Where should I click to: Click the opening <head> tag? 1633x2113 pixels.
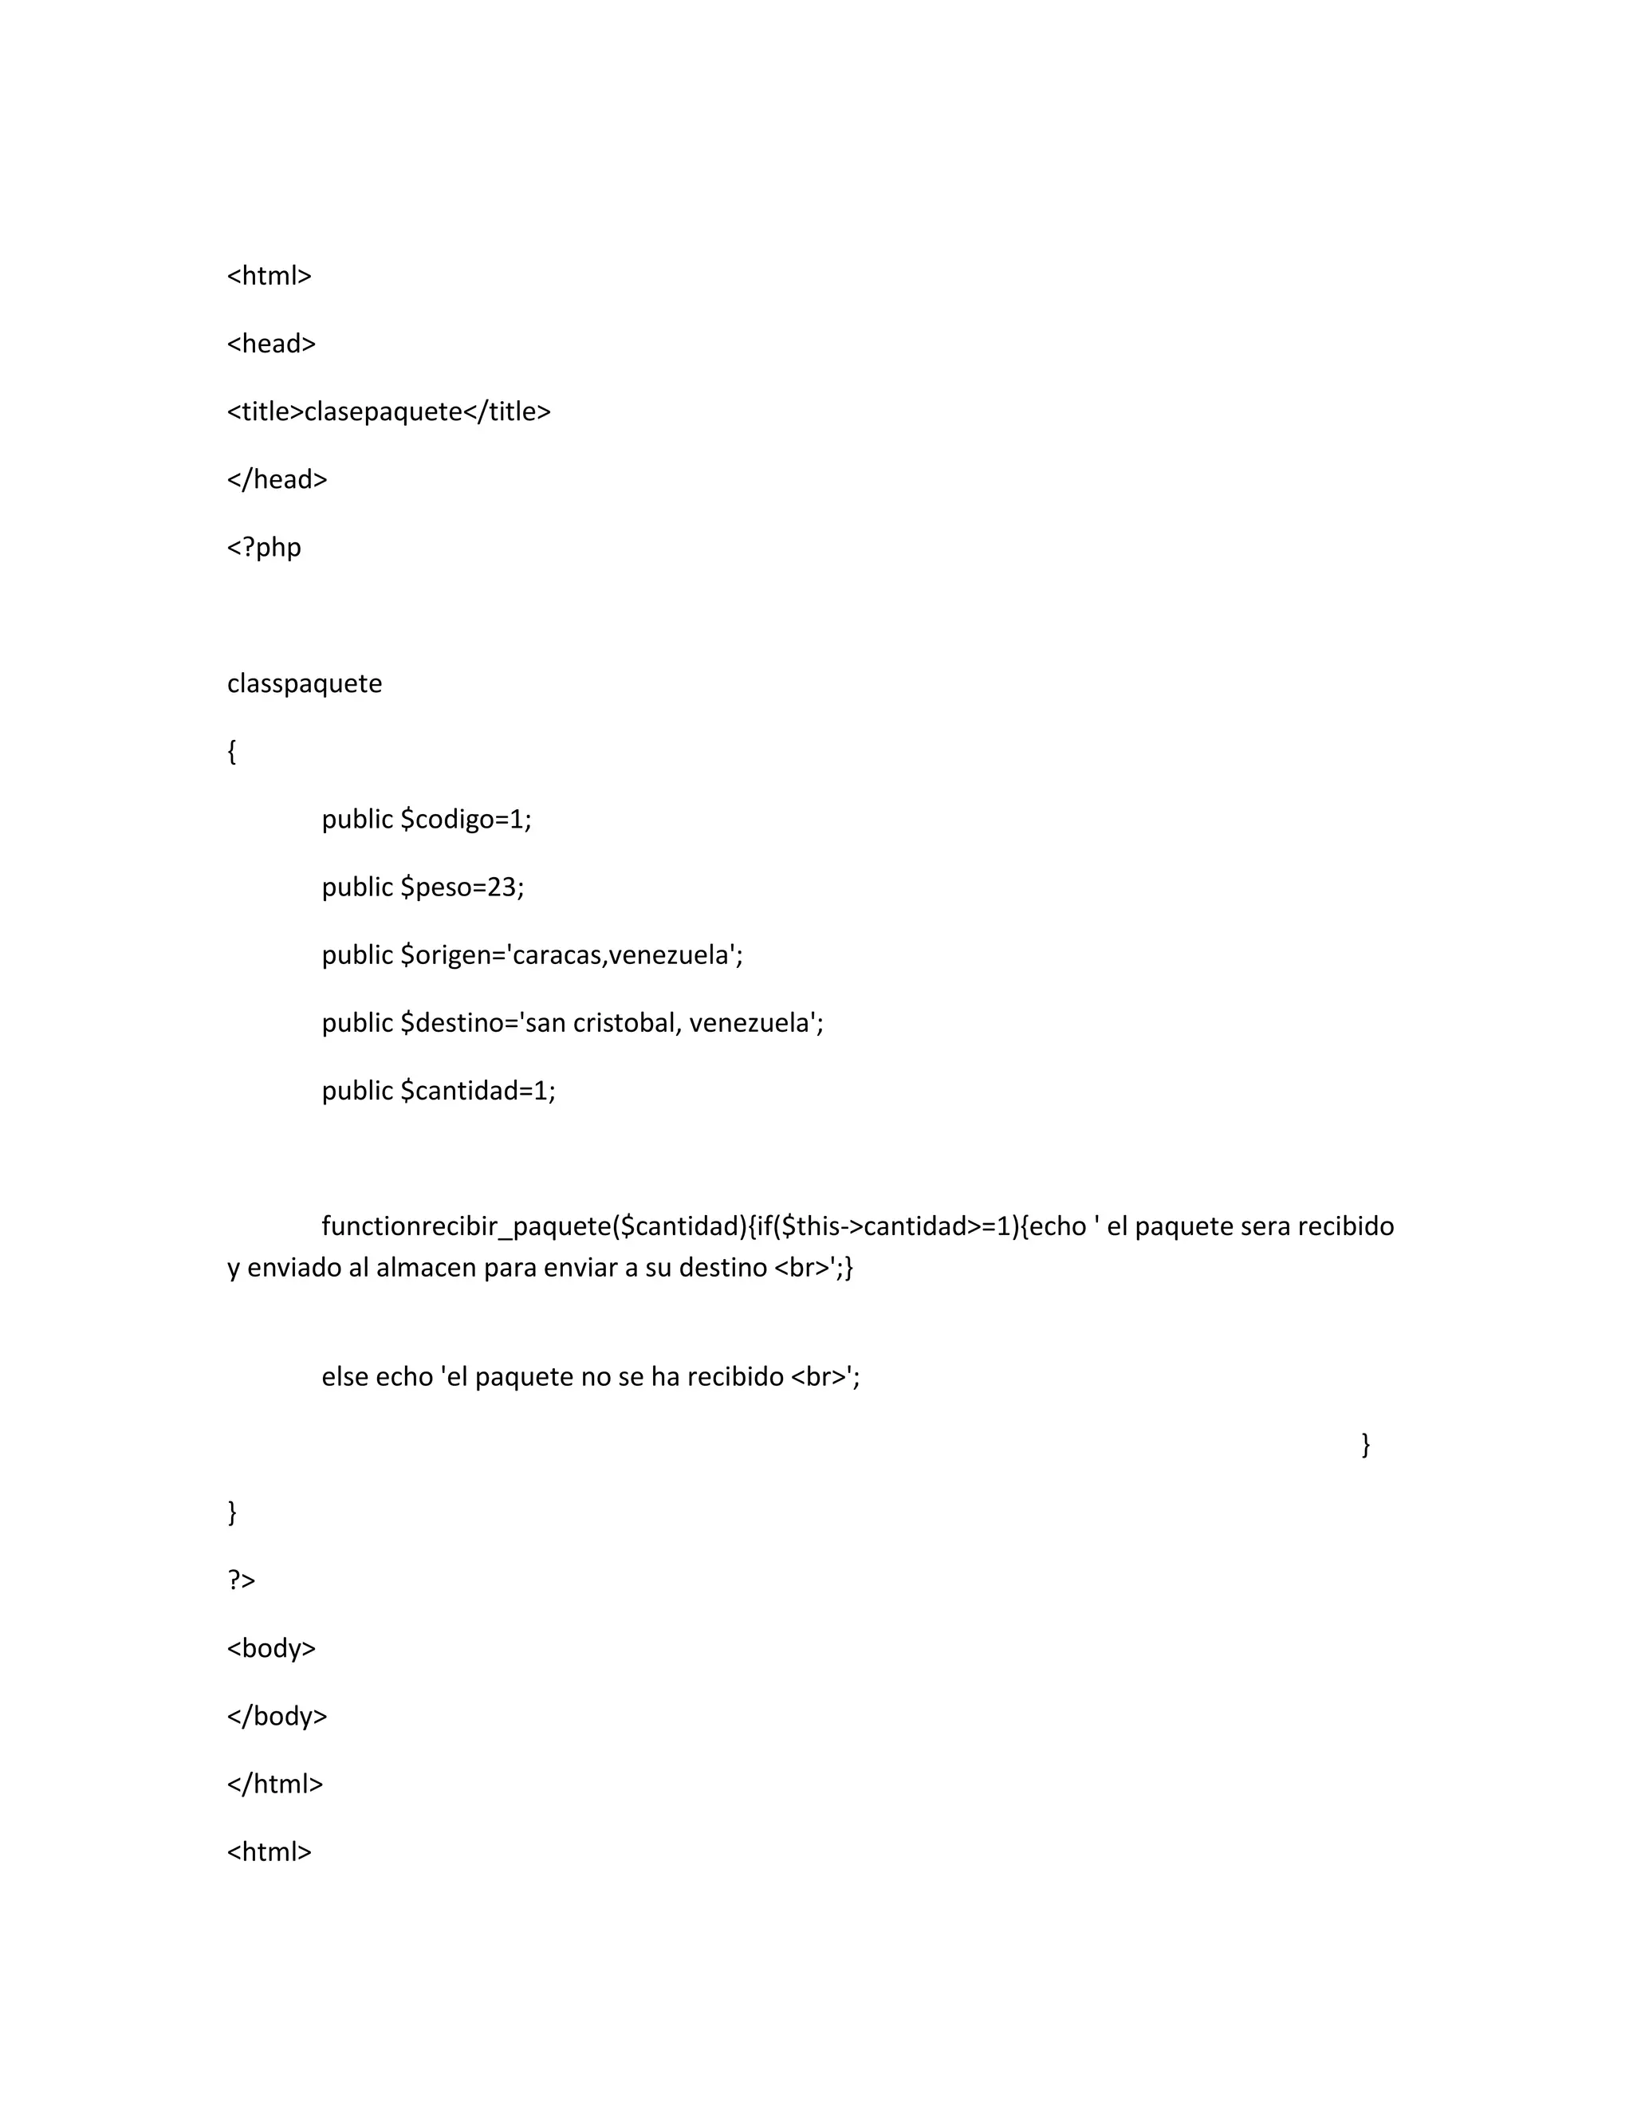pyautogui.click(x=271, y=344)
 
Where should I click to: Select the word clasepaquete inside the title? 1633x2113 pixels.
pyautogui.click(x=383, y=412)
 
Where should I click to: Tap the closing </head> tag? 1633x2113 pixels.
pyautogui.click(x=277, y=480)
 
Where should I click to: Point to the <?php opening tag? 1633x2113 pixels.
pyautogui.click(x=264, y=548)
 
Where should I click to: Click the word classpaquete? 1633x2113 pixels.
pyautogui.click(x=305, y=684)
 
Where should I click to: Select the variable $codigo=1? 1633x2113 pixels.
pyautogui.click(x=466, y=820)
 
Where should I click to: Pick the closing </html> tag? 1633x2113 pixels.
pyautogui.click(x=275, y=1784)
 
